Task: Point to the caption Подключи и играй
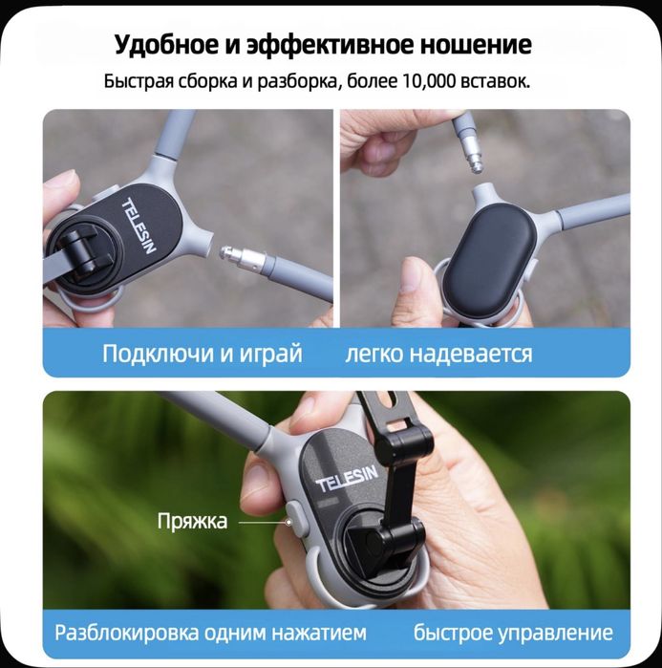click(x=202, y=354)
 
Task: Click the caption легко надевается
click(x=438, y=354)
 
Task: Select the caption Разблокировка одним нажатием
click(x=210, y=633)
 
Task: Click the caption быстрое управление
click(x=513, y=633)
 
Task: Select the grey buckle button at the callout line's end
click(x=294, y=522)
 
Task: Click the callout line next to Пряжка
click(x=261, y=522)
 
